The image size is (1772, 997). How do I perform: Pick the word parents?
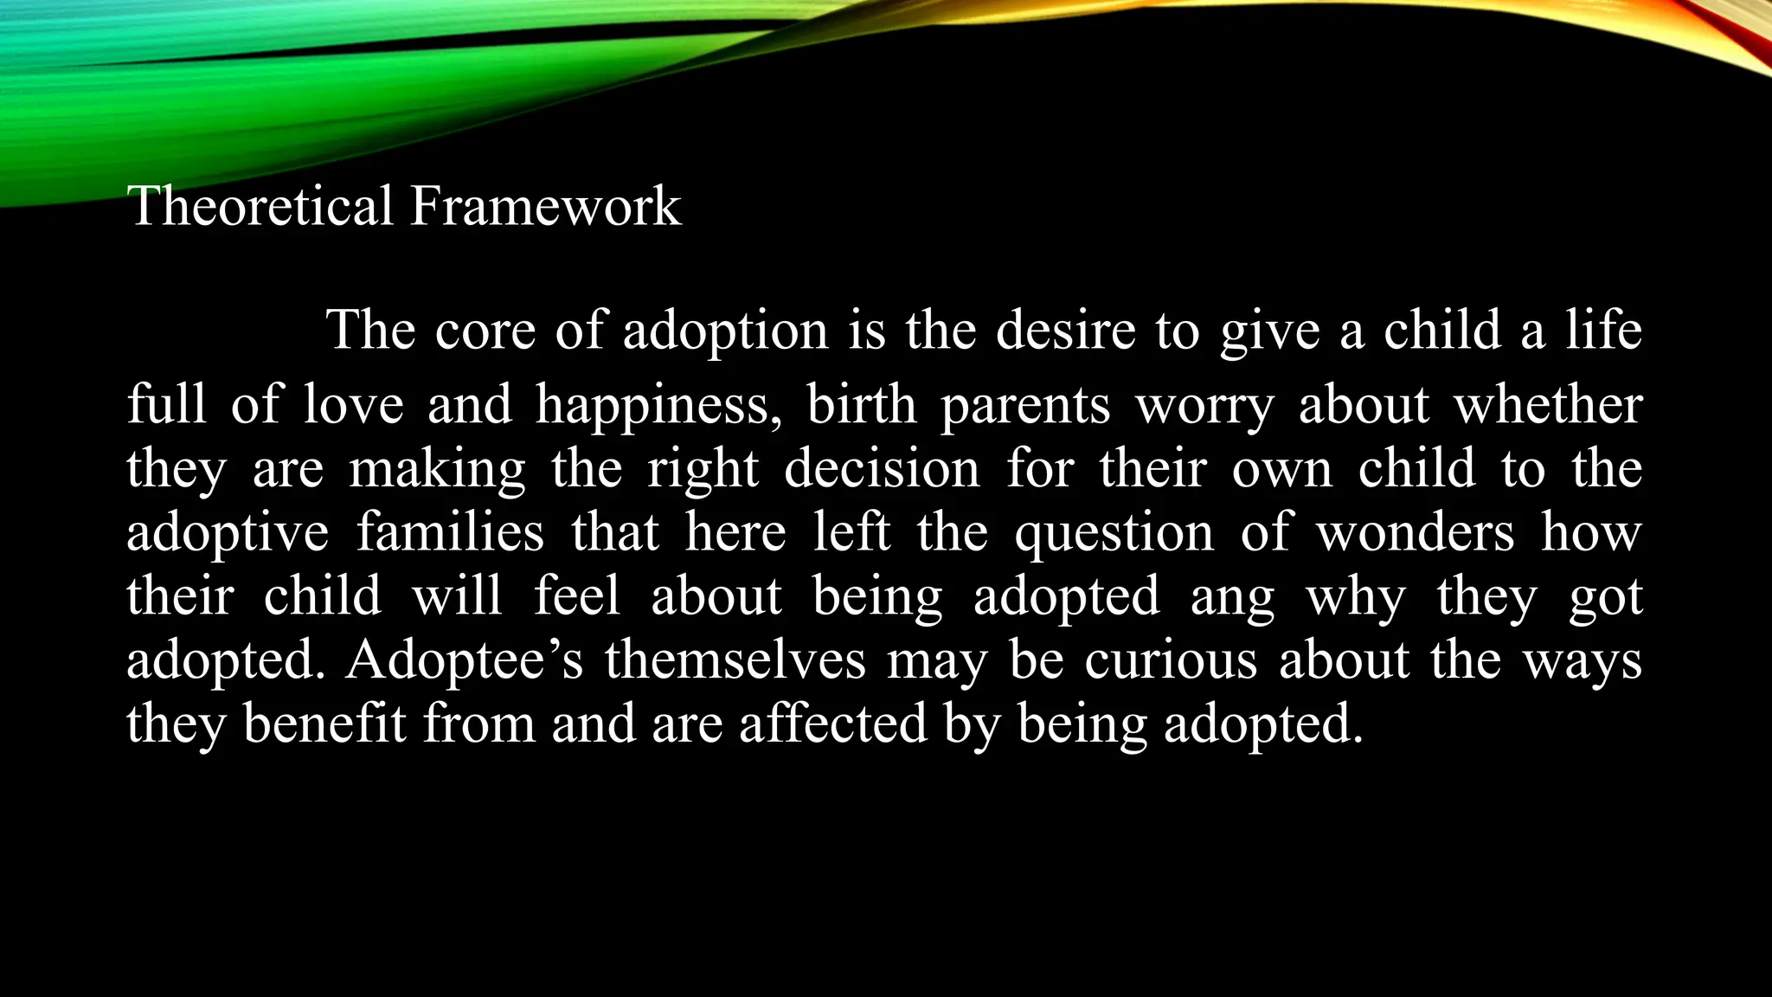click(1025, 405)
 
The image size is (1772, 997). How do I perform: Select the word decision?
click(882, 468)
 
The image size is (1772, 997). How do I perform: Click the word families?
click(450, 532)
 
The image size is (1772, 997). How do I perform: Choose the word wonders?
click(1415, 532)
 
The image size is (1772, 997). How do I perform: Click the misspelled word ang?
click(1232, 597)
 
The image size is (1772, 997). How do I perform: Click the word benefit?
click(324, 724)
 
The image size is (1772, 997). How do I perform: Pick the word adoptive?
click(228, 532)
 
